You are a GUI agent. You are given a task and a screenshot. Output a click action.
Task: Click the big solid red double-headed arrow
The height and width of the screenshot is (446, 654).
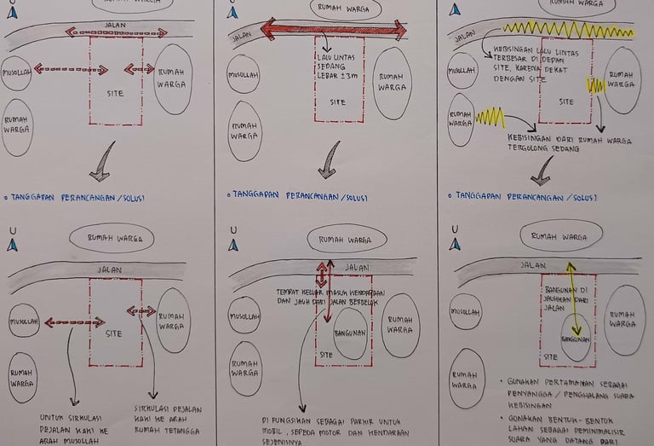333,30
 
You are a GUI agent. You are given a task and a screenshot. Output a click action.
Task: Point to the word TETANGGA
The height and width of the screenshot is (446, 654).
184,418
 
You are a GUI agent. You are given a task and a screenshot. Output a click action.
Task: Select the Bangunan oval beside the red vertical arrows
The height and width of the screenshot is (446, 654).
349,333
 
